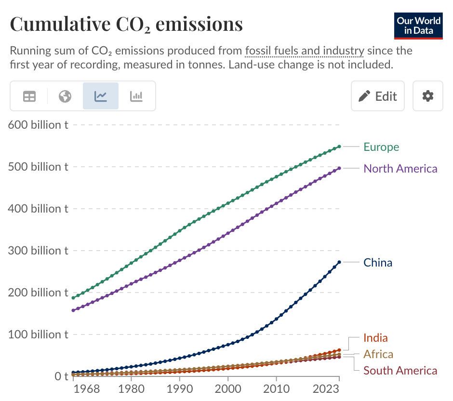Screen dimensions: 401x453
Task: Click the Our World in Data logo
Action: [418, 26]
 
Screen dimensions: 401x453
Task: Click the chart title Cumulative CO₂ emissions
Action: [126, 24]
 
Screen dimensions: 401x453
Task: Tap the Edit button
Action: [377, 96]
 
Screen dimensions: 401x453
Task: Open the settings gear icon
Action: [427, 96]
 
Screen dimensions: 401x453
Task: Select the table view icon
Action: [29, 96]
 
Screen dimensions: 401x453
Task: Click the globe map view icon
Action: [65, 96]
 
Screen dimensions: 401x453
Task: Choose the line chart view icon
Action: [101, 96]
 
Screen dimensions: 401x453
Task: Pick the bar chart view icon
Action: [136, 96]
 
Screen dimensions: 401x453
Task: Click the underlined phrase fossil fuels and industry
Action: [305, 51]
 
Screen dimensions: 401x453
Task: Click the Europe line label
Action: [381, 147]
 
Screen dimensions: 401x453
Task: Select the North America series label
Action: [400, 168]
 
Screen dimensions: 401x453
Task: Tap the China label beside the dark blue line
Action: [378, 262]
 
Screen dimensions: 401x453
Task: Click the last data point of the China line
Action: [339, 262]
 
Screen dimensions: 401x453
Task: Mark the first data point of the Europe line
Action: [73, 298]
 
